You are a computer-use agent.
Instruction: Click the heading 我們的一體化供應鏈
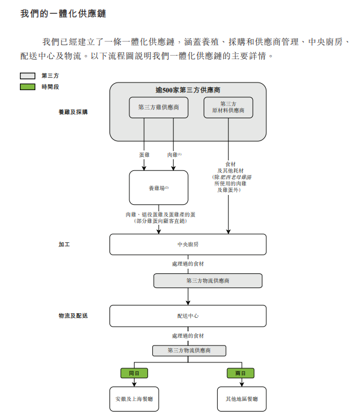tap(63, 12)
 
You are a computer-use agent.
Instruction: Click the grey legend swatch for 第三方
tap(28, 76)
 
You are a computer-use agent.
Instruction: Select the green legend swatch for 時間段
tap(28, 87)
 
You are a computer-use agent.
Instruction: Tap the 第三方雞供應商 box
tap(159, 108)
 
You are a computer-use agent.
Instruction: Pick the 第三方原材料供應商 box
tap(228, 107)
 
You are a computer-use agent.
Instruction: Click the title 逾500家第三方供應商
tap(187, 90)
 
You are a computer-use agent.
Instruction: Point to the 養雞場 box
tap(158, 188)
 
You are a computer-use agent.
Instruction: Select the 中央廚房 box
tap(188, 244)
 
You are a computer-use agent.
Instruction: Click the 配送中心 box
tap(188, 316)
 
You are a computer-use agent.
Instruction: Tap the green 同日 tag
tap(134, 373)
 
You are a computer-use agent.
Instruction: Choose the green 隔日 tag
tap(241, 373)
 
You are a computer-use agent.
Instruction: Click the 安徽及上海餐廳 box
tap(134, 399)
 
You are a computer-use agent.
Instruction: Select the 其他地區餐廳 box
tap(241, 399)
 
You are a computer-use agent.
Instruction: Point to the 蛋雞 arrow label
tap(144, 155)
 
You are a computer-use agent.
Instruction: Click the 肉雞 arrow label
tap(174, 155)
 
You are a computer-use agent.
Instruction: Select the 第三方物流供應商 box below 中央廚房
tap(208, 281)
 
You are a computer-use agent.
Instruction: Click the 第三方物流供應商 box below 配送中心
tap(188, 351)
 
